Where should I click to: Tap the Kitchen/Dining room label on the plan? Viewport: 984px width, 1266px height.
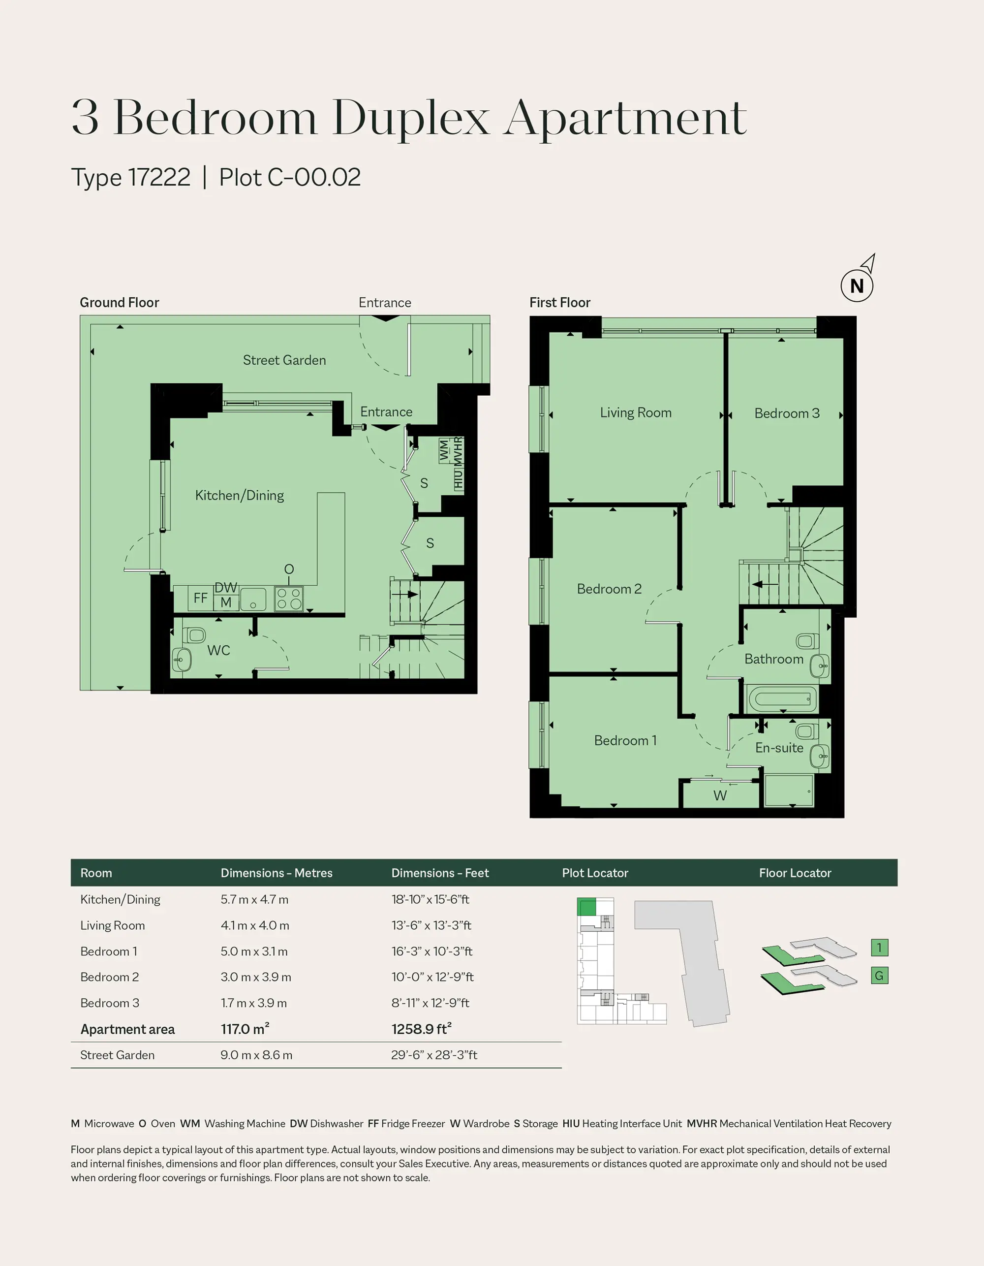tap(239, 496)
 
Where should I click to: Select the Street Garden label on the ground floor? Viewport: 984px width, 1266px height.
tap(284, 360)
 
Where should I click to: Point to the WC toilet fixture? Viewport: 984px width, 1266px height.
tap(194, 635)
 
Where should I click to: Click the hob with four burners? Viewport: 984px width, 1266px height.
tap(289, 599)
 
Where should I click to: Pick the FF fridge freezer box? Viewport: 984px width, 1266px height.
tap(201, 598)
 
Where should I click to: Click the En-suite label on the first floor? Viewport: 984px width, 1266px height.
tap(779, 748)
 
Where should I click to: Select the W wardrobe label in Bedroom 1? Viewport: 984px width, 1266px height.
tap(720, 795)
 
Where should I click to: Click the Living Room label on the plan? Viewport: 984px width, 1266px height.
tap(636, 412)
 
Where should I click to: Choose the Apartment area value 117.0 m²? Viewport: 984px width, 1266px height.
tap(245, 1028)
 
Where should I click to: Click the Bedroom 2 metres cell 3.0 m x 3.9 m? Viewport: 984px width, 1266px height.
tap(255, 977)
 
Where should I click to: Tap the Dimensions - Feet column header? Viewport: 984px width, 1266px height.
tap(440, 873)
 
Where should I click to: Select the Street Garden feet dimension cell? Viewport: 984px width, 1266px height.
tap(434, 1055)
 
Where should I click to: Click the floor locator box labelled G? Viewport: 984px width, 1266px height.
tap(879, 976)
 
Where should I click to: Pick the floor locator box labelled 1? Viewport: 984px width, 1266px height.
tap(879, 948)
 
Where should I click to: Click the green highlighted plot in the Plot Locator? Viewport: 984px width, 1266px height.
tap(586, 907)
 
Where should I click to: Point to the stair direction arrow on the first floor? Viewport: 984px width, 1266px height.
tap(765, 584)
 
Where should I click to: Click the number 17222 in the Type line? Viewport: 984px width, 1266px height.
tap(159, 177)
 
